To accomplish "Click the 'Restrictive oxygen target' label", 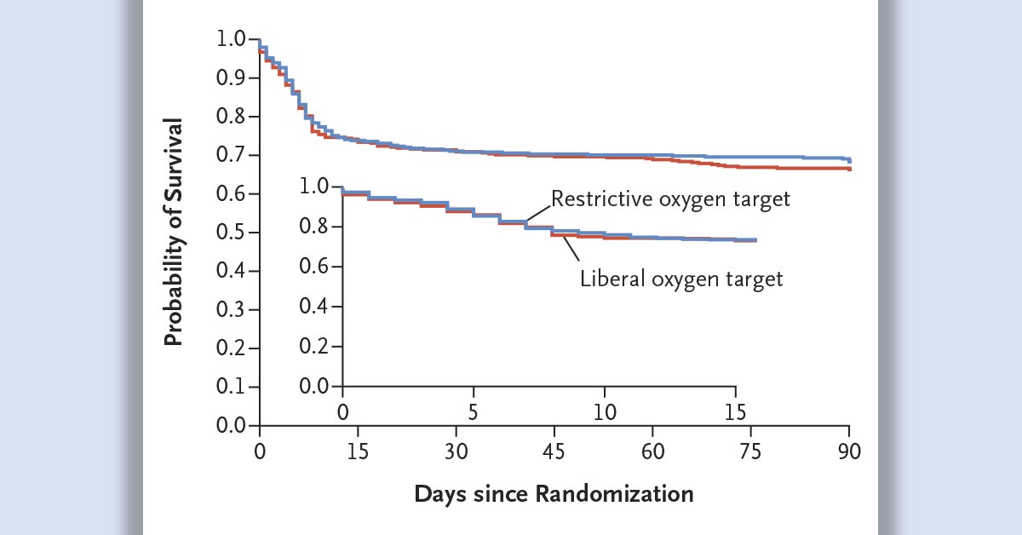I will tap(671, 199).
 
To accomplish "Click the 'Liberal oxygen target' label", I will tap(680, 279).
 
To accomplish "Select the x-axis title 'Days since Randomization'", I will tap(554, 493).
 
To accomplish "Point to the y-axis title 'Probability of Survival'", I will tap(174, 232).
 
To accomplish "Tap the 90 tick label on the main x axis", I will tap(849, 451).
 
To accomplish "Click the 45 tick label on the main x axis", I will tap(554, 451).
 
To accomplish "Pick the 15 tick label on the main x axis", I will tap(358, 451).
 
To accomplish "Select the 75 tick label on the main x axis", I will tap(751, 451).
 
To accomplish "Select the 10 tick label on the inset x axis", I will tap(605, 412).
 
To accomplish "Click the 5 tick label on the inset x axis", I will tap(474, 412).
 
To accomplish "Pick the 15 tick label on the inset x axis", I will tap(735, 412).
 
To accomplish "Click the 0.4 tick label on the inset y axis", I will tap(316, 307).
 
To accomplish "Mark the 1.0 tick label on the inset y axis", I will tap(316, 187).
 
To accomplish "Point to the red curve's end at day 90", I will tap(849, 169).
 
